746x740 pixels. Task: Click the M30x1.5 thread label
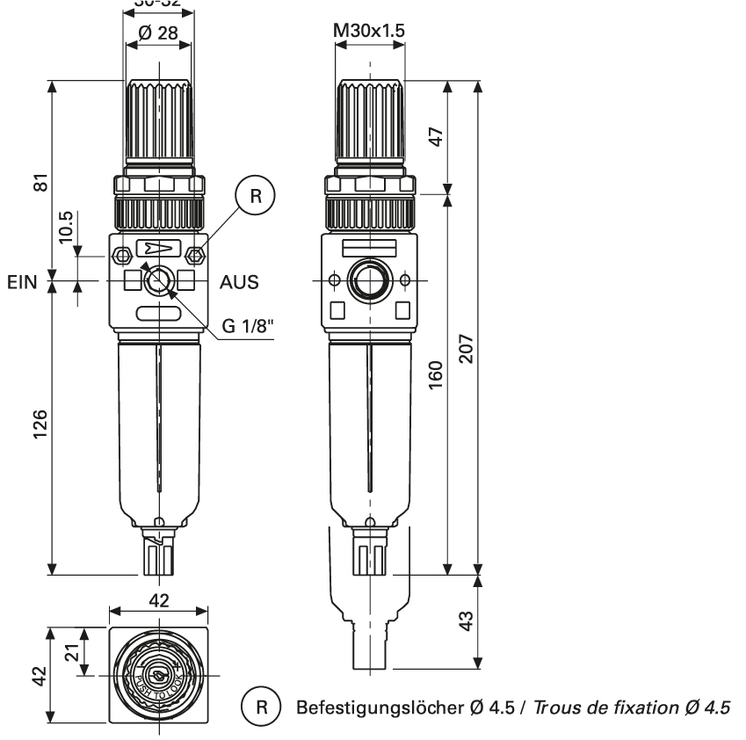tap(369, 33)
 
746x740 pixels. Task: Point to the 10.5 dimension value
tap(66, 229)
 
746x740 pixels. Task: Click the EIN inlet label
tap(22, 283)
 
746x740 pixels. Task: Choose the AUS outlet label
tap(239, 283)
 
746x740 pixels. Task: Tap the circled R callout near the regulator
tap(255, 195)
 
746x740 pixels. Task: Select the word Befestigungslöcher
tap(369, 707)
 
